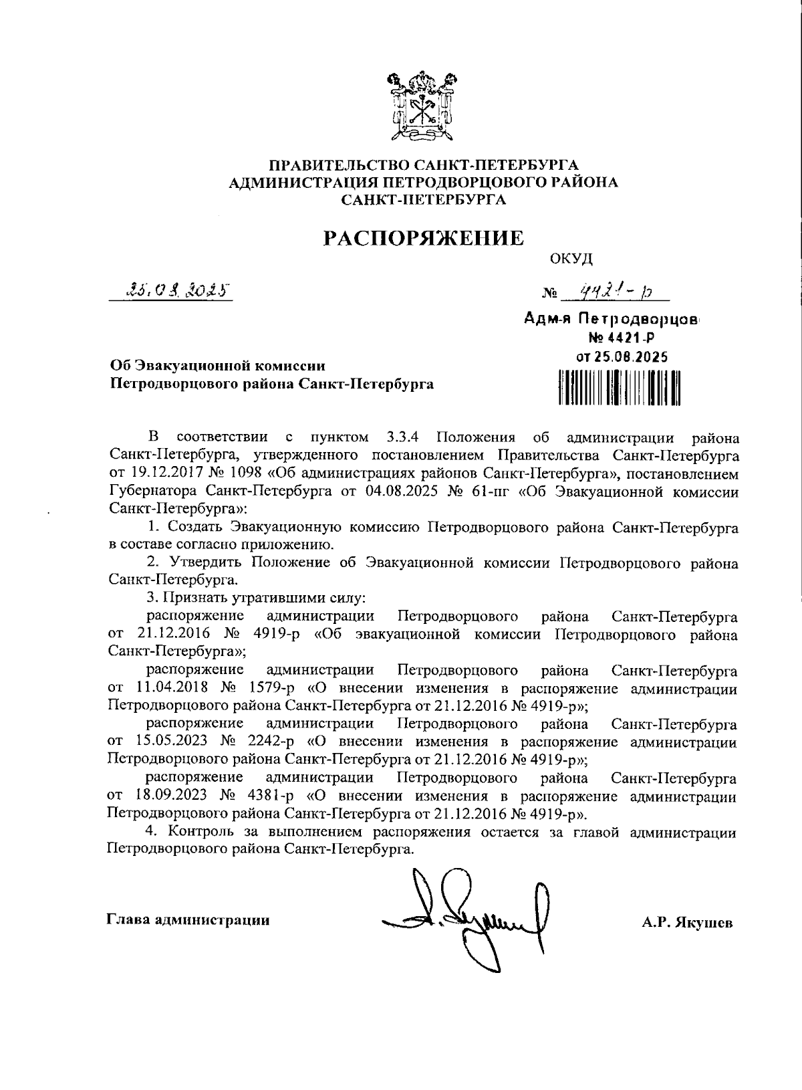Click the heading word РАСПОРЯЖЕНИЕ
coord(424,239)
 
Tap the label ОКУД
coord(571,258)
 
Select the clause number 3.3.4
coord(402,438)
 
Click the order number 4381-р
coord(269,796)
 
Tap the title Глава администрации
coord(188,921)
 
